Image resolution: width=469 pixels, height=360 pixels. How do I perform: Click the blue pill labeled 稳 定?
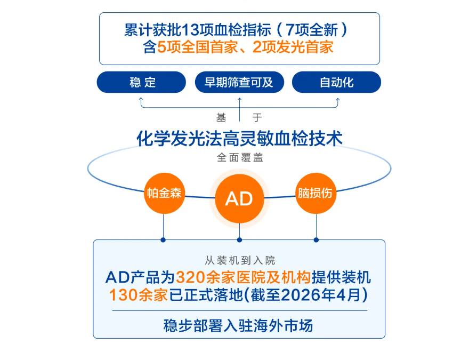point(141,82)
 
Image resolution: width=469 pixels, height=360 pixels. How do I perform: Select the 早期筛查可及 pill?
point(239,82)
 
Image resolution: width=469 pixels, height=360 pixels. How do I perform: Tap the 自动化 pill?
point(337,82)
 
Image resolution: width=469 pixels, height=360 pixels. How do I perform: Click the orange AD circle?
point(239,198)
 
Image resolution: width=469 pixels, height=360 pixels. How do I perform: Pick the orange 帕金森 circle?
point(164,193)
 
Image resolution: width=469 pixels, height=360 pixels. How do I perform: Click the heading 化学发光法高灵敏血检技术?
point(239,139)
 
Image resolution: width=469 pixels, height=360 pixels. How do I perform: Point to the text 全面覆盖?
point(239,158)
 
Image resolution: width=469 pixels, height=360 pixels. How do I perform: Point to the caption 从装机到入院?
point(239,261)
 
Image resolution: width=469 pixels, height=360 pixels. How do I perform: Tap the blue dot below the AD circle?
point(239,239)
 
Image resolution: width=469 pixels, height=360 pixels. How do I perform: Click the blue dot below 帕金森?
point(164,239)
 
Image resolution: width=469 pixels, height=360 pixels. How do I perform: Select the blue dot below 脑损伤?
point(316,239)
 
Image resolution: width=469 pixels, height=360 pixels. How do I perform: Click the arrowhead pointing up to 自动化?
point(337,99)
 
